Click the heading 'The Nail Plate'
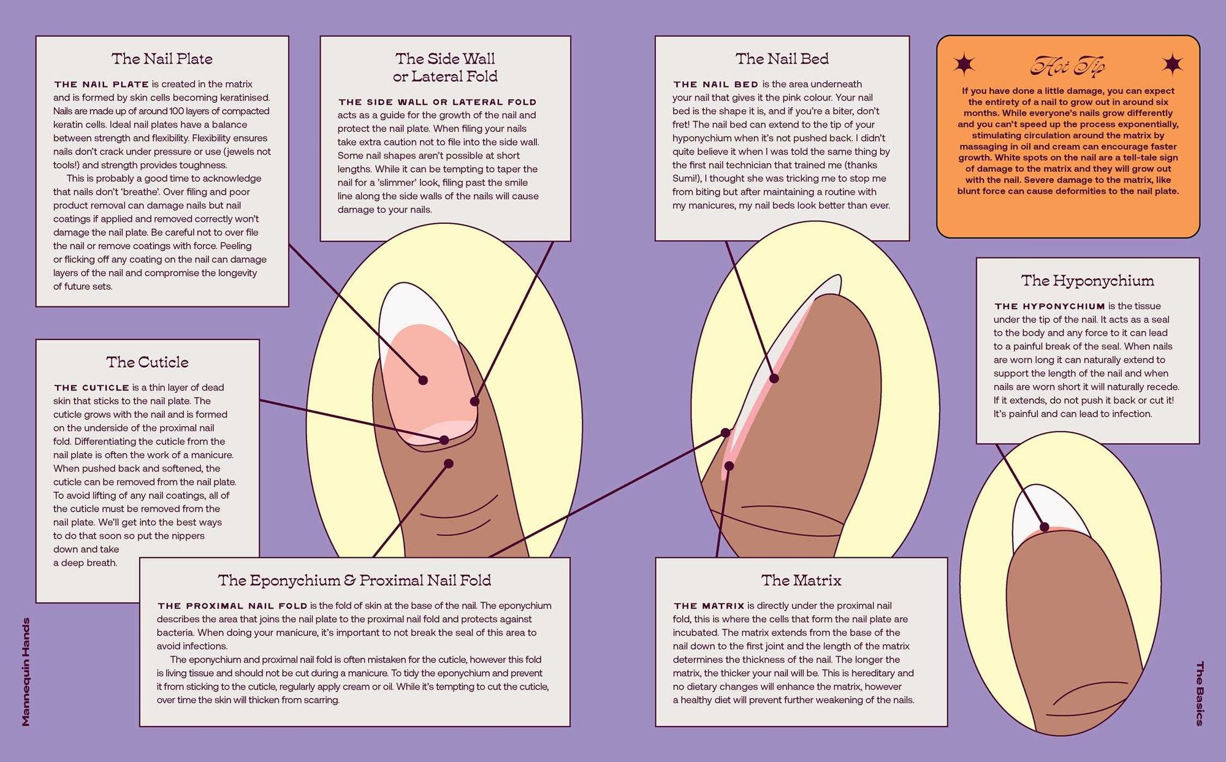[162, 59]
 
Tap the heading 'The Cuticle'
[147, 362]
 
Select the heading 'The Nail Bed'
[782, 59]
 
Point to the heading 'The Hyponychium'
[1087, 281]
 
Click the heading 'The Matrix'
[801, 580]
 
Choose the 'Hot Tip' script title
[1067, 65]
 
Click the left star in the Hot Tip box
[964, 64]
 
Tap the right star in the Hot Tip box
[1173, 64]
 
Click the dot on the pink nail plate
[423, 380]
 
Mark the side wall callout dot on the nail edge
[474, 402]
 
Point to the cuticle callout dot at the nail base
[444, 440]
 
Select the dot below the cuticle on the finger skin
[449, 463]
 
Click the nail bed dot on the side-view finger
[774, 378]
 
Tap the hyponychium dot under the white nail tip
[1045, 527]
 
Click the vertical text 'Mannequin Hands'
[26, 672]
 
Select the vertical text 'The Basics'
[1200, 693]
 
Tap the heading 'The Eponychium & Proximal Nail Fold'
[354, 580]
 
